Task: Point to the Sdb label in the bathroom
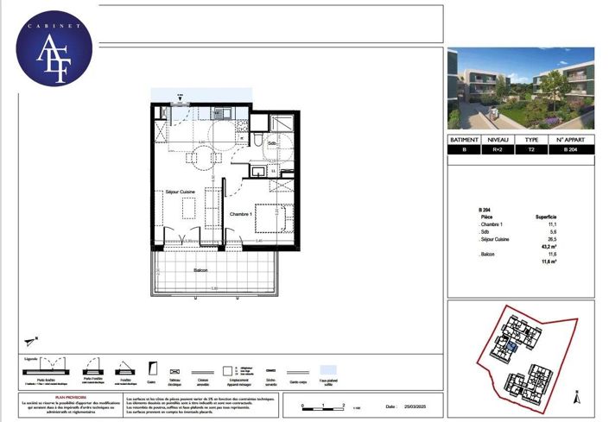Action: click(x=272, y=143)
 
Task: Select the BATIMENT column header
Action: click(x=466, y=139)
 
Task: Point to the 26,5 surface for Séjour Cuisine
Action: click(x=550, y=238)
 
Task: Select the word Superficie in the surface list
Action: click(x=544, y=217)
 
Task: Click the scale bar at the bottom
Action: click(x=321, y=404)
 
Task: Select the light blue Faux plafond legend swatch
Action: click(x=328, y=368)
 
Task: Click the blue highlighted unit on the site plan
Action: click(x=511, y=346)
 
